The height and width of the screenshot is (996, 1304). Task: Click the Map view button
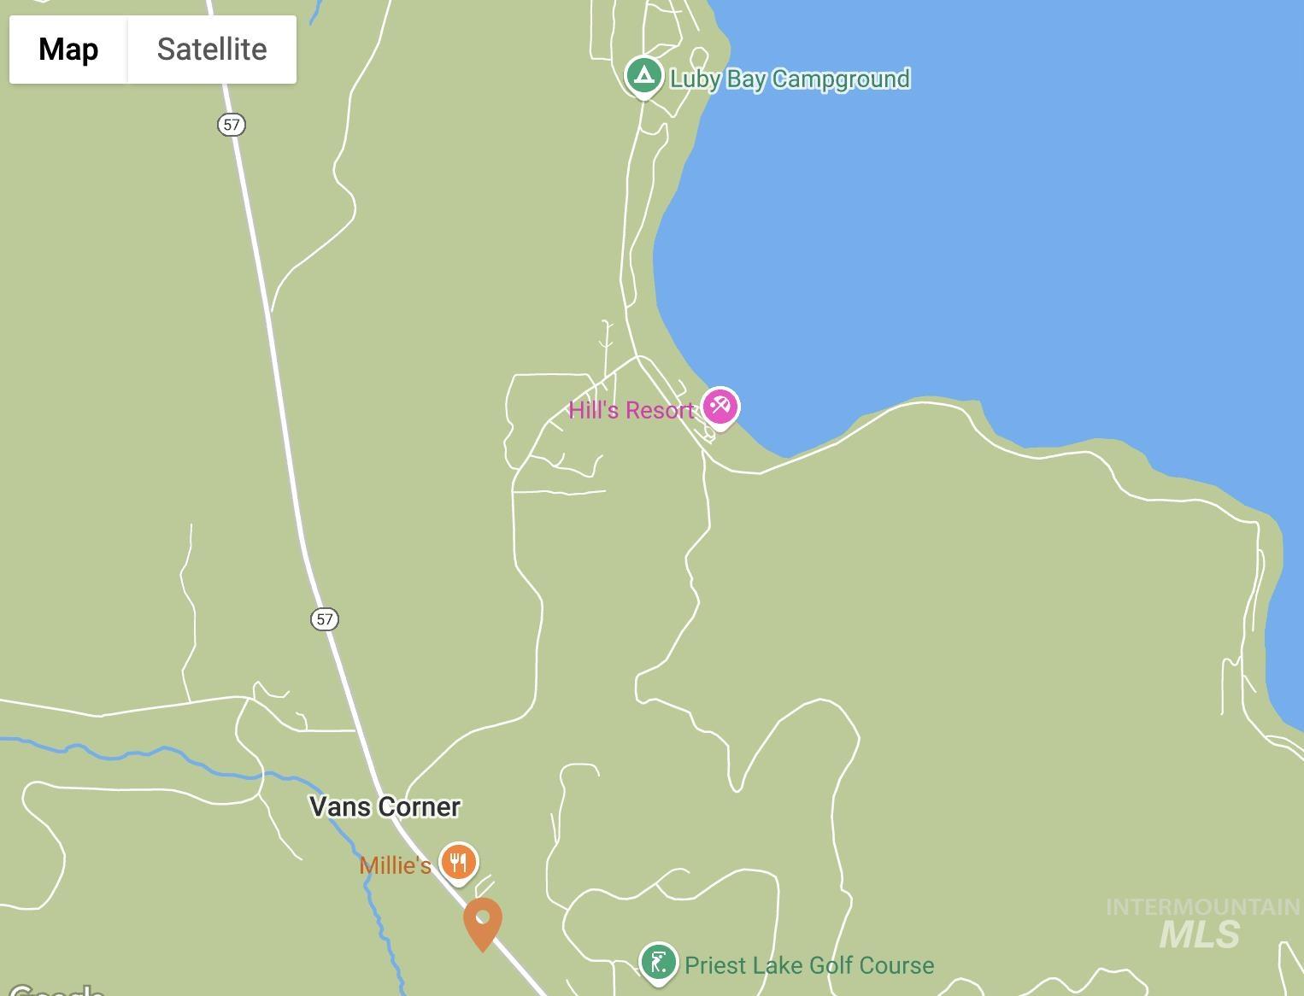[x=68, y=50]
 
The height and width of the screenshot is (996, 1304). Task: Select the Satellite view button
[x=212, y=50]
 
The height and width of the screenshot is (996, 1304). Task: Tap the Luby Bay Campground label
[x=790, y=79]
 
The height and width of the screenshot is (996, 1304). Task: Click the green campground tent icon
[x=644, y=76]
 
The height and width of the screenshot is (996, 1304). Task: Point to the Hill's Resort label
[x=631, y=411]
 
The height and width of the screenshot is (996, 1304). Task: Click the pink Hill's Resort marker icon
[x=720, y=407]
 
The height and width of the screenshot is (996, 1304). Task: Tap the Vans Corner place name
[x=385, y=806]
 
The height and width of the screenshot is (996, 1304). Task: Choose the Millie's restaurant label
[x=395, y=865]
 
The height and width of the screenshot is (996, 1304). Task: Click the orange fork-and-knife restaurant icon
[x=459, y=861]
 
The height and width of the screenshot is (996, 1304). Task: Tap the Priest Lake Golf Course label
[x=808, y=966]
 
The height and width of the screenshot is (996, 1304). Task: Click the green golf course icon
[x=658, y=963]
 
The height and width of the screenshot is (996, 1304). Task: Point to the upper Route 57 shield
[x=231, y=125]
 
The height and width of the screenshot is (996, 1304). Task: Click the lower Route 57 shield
[x=325, y=619]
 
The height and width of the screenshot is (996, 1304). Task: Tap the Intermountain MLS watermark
[x=1201, y=923]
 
